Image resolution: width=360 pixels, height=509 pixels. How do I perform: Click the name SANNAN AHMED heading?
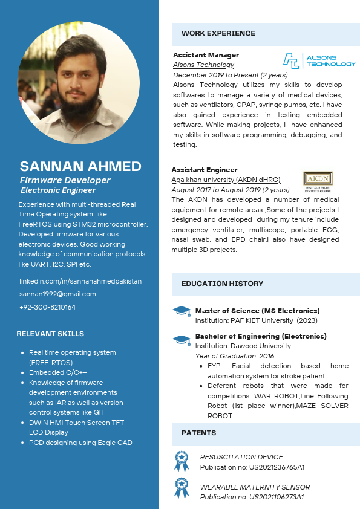80,166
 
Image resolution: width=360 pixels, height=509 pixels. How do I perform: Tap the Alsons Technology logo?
319,60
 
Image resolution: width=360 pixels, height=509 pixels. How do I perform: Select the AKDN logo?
318,180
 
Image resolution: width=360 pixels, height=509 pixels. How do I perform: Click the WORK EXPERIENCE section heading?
218,33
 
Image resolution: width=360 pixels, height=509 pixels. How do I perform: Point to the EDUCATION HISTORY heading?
222,283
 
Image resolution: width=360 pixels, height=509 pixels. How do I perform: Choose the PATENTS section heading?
198,433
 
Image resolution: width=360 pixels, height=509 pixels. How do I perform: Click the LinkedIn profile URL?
80,281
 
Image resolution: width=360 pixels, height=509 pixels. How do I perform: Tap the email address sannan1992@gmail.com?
57,294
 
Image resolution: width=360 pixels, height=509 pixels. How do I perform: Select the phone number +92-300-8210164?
47,307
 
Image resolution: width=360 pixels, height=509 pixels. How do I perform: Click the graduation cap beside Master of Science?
181,311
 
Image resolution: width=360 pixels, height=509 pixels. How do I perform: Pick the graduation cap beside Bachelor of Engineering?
181,339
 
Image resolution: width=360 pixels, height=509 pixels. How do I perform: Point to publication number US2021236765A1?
252,467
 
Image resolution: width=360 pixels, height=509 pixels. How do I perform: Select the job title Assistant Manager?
206,55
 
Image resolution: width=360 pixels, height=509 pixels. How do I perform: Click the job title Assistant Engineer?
204,170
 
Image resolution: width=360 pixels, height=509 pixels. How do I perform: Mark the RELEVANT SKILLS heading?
50,334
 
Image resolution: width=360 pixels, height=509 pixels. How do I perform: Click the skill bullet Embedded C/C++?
58,372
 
